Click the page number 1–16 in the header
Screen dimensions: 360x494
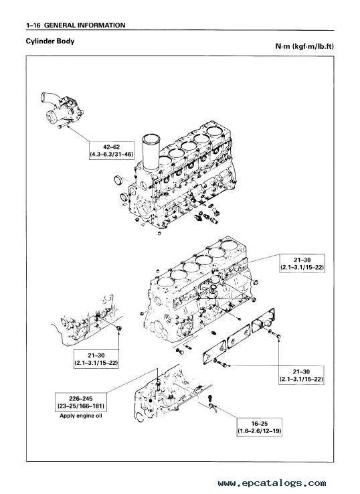tap(33, 25)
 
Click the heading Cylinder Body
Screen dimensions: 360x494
tap(50, 42)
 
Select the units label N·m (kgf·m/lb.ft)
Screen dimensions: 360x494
tap(304, 46)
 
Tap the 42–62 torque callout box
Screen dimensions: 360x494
tap(112, 151)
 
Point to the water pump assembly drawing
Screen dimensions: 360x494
tap(62, 108)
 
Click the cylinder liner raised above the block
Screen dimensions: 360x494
tap(151, 152)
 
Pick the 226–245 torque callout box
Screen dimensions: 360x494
tap(80, 402)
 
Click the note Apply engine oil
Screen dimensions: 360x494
tap(81, 416)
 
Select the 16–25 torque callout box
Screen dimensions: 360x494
tap(259, 427)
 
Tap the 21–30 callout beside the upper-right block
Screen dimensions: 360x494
tap(302, 264)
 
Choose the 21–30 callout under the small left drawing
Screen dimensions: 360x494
tap(96, 359)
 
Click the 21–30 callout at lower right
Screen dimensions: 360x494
tap(301, 376)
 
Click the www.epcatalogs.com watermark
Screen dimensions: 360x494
tap(272, 483)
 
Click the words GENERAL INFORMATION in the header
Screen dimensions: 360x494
tap(85, 25)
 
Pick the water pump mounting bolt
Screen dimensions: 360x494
tap(63, 125)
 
